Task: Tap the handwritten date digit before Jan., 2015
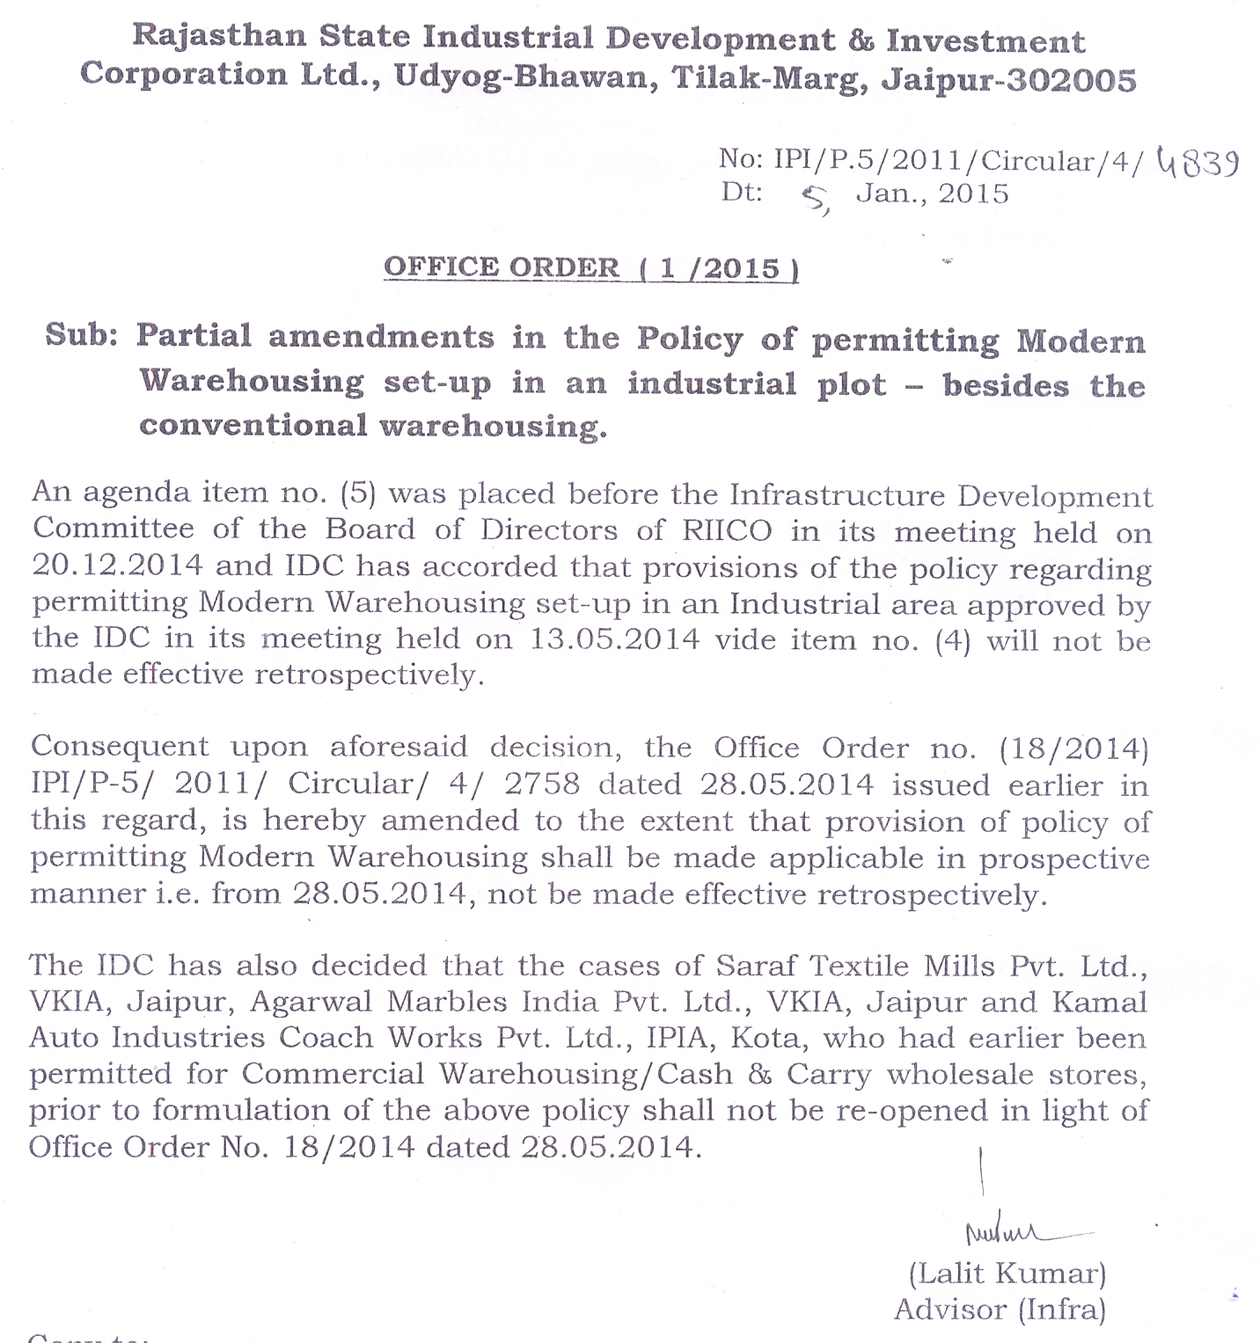coord(815,201)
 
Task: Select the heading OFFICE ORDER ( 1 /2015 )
coord(590,267)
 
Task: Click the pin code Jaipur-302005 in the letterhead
coord(1008,80)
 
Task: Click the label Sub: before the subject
coord(82,335)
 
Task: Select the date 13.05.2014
coord(614,639)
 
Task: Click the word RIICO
coord(727,530)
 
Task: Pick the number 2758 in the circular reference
coord(542,784)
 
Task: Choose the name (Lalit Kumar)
coord(1007,1273)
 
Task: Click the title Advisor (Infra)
coord(1000,1310)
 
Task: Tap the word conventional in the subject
coord(253,426)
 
